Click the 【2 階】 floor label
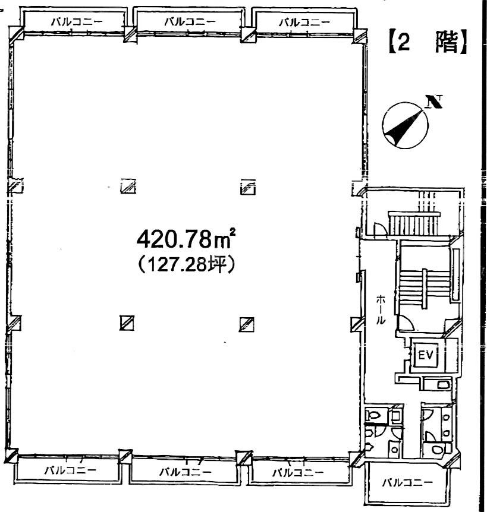[428, 42]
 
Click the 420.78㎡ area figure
[186, 239]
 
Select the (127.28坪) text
[186, 264]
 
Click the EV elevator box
[426, 355]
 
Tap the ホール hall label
[380, 309]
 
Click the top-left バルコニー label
[77, 22]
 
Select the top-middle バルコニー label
[190, 22]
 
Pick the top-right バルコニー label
[304, 22]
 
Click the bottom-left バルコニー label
[70, 470]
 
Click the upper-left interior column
[128, 187]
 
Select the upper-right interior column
[248, 187]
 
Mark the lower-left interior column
[127, 323]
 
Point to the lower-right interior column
[247, 324]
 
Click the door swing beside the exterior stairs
[379, 228]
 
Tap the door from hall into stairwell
[406, 323]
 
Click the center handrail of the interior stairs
[425, 289]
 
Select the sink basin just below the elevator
[443, 384]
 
